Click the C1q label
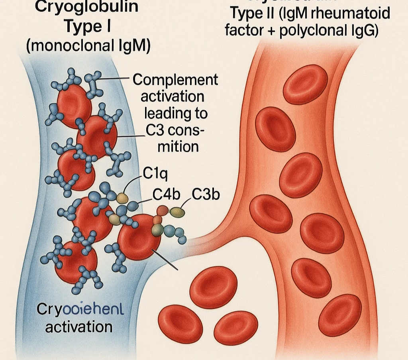click(154, 174)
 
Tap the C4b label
click(167, 195)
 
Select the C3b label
click(206, 195)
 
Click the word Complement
click(175, 80)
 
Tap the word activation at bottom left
click(78, 327)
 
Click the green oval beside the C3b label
click(177, 212)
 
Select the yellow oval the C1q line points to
click(123, 197)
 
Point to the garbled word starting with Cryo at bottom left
click(80, 310)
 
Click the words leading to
click(176, 113)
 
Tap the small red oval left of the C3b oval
click(163, 210)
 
